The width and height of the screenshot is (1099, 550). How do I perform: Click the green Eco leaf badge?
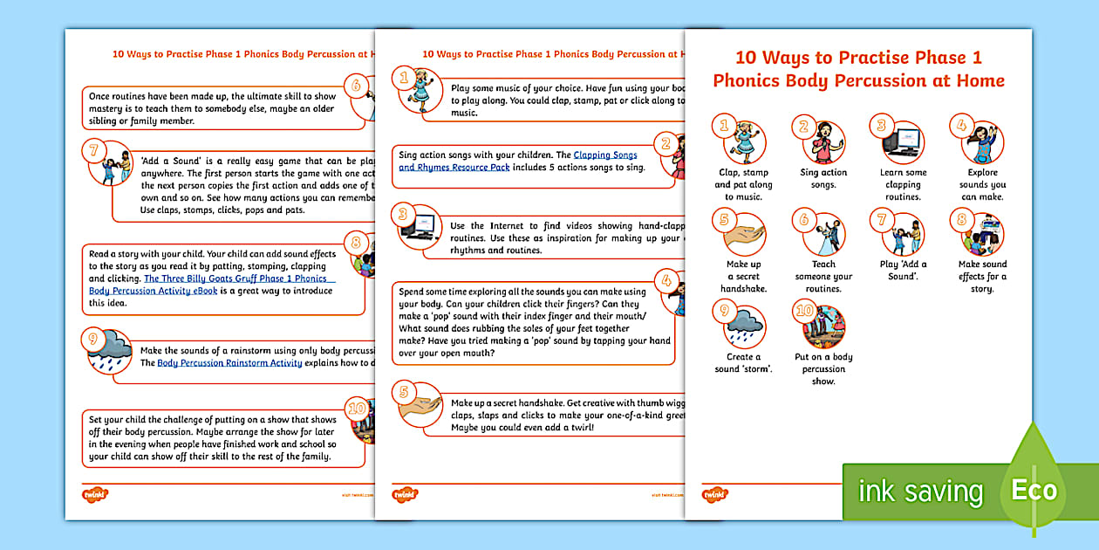tap(1034, 490)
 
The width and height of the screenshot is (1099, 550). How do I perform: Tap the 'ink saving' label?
tap(920, 492)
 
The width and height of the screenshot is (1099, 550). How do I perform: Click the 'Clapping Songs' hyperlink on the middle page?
tap(605, 155)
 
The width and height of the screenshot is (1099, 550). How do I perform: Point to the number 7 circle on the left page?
tap(94, 151)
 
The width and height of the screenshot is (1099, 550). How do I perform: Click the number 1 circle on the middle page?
tap(403, 78)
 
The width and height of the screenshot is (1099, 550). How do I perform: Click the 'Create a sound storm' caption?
tap(738, 363)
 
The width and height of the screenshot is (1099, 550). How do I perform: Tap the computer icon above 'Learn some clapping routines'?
tap(903, 142)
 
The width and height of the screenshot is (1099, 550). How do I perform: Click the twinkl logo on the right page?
tap(714, 494)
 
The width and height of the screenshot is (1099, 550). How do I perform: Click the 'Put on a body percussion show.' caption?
tap(823, 368)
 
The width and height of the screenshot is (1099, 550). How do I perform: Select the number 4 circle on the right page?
tap(960, 125)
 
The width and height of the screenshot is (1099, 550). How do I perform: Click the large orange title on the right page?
tap(858, 70)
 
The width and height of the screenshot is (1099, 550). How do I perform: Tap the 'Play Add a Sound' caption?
tap(903, 271)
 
